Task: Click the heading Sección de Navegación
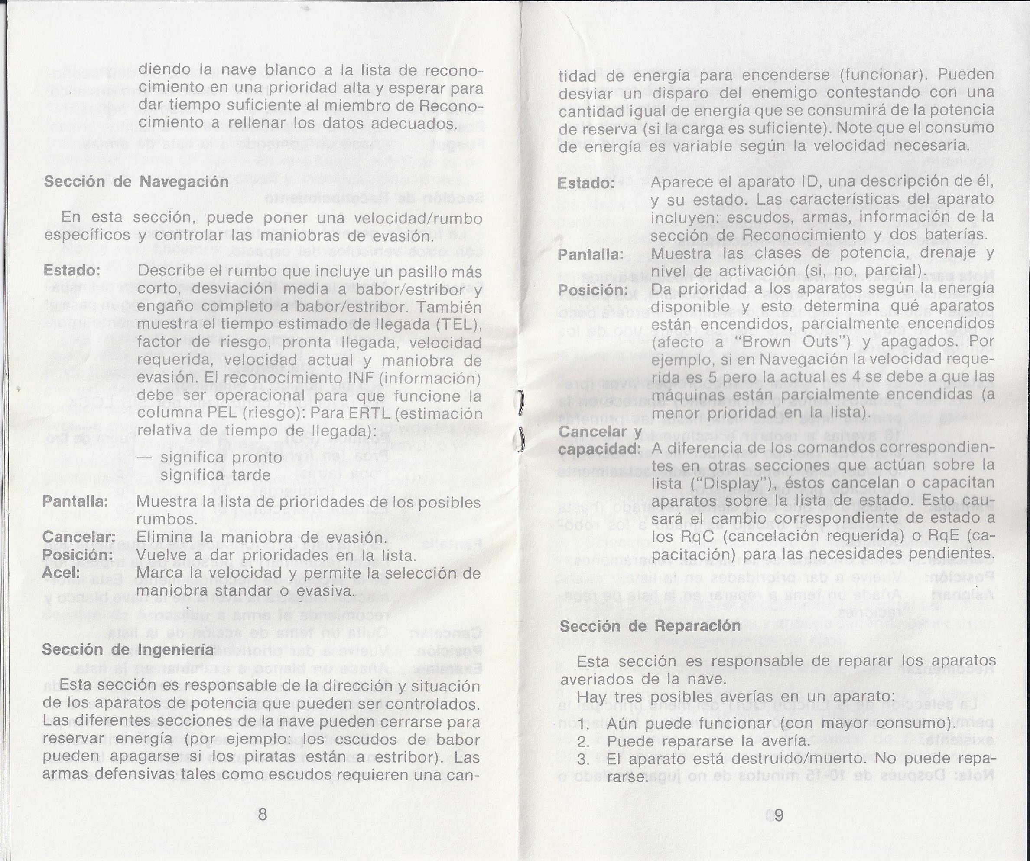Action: tap(136, 182)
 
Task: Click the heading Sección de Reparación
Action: tap(650, 626)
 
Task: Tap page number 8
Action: tap(263, 815)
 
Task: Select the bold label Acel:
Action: tap(61, 573)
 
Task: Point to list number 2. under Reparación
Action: tap(583, 742)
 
